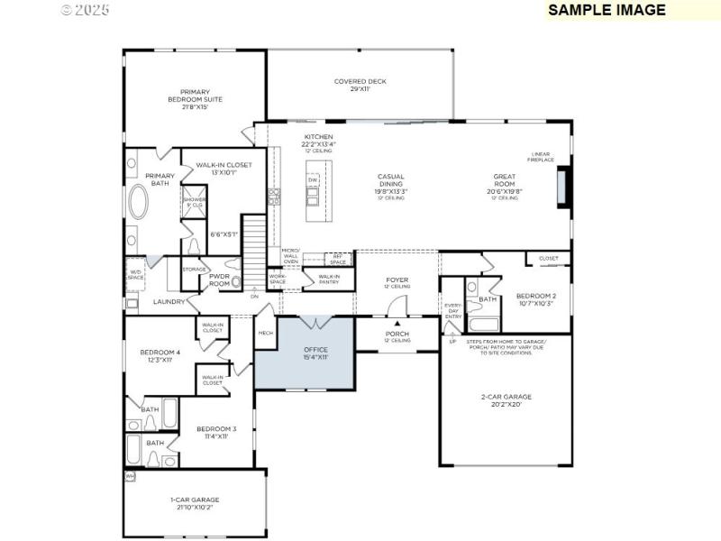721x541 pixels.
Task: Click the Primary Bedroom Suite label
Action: [195, 99]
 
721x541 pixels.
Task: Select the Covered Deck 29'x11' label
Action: [360, 85]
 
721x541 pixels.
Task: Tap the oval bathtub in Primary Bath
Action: [139, 203]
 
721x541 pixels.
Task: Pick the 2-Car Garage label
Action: [506, 399]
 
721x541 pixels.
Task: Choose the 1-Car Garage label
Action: [195, 503]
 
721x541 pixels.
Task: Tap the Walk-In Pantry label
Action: [329, 280]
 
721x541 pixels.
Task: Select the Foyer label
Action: [397, 283]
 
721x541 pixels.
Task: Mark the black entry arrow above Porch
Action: [397, 323]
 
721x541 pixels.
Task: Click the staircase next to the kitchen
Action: [257, 240]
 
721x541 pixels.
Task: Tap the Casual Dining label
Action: [390, 184]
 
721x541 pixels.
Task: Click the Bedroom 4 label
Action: [160, 355]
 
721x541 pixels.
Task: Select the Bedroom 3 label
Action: [216, 432]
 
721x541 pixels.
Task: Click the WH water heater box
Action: [130, 476]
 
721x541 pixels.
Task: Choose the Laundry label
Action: [169, 301]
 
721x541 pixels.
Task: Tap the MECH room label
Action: [266, 333]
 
